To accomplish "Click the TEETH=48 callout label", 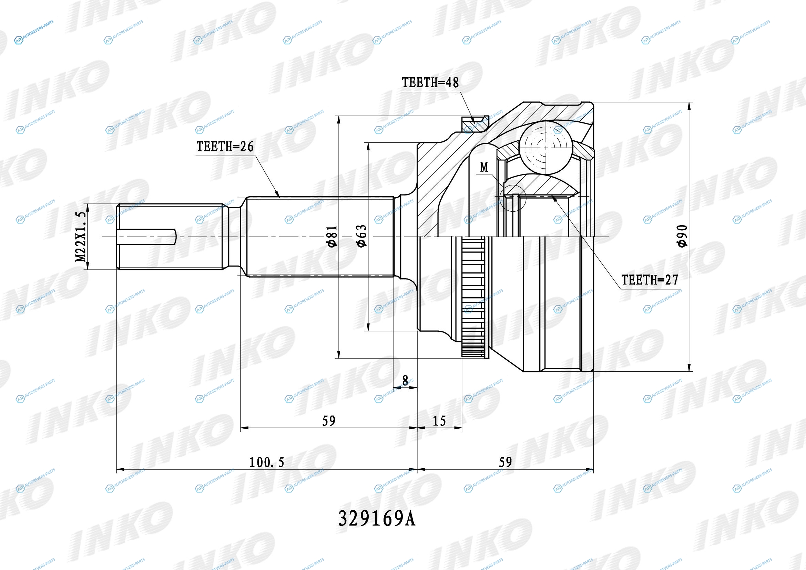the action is (430, 82).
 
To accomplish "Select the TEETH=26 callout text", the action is (225, 147).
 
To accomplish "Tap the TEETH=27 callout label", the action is (650, 280).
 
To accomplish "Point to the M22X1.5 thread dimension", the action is (81, 236).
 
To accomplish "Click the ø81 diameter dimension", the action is (332, 236).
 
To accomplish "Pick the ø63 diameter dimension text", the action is (362, 236).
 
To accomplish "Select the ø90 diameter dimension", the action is (683, 236).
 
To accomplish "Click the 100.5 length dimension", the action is (266, 462).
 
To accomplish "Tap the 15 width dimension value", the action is (439, 421).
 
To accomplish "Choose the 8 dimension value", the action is (405, 380).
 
